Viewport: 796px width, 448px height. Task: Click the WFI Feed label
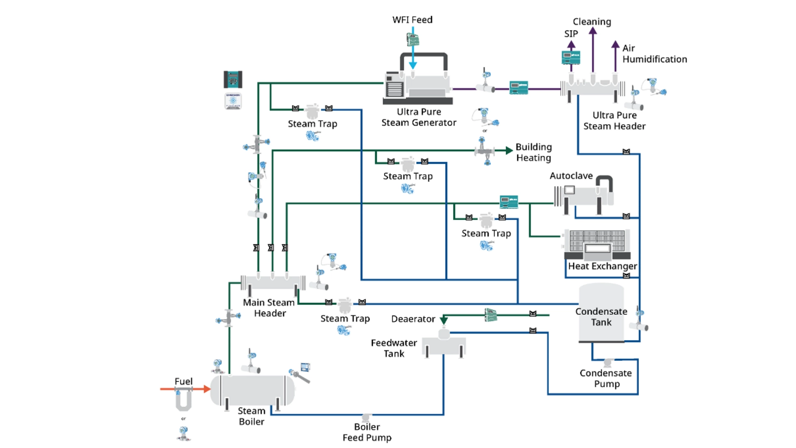(412, 20)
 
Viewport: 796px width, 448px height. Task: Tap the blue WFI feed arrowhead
(413, 65)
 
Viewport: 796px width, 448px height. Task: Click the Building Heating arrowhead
(509, 151)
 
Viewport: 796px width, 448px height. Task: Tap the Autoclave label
(571, 176)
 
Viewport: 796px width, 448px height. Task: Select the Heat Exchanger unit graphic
(597, 245)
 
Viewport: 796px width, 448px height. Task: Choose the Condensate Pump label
(606, 378)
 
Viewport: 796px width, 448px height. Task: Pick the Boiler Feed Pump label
(367, 432)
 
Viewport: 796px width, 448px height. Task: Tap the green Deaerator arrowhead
(444, 320)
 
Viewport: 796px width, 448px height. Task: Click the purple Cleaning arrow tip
(593, 31)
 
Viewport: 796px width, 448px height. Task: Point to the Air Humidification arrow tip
(616, 44)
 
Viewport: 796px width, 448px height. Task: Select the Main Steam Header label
(269, 308)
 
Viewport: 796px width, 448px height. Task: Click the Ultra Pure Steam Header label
(614, 121)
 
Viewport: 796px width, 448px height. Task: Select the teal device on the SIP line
(571, 57)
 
